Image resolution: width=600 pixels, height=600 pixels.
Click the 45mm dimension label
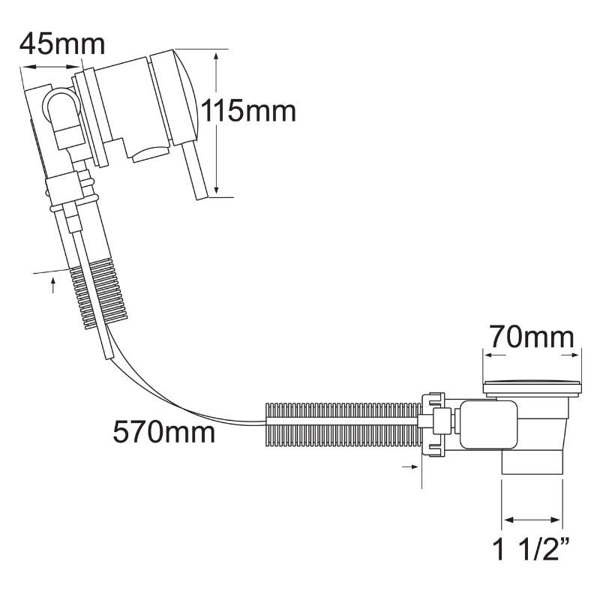pos(62,45)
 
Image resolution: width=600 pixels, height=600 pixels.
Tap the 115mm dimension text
pos(248,111)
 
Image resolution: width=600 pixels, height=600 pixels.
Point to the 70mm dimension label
pos(532,337)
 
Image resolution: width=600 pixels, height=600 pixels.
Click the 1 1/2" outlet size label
pos(532,549)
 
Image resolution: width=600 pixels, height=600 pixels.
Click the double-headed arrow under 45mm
pos(52,67)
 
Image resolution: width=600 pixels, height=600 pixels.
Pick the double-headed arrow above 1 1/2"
pos(532,520)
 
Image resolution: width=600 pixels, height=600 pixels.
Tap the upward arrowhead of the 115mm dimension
pos(216,58)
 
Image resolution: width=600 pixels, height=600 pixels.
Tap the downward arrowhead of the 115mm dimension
pos(216,190)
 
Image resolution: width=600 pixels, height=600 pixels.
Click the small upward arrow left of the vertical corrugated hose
pos(52,286)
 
